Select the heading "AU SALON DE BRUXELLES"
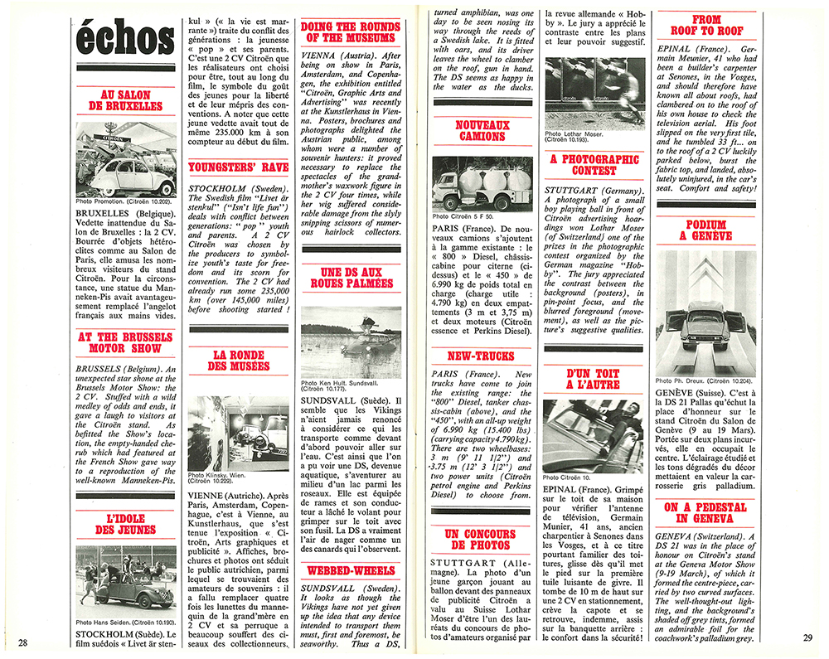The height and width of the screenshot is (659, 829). tap(125, 99)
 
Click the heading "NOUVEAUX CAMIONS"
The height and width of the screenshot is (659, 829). tap(481, 133)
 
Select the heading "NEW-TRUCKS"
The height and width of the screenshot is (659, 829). tap(482, 356)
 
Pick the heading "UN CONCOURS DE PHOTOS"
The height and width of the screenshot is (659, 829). tap(482, 540)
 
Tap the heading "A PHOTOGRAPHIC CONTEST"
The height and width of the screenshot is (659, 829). tap(594, 164)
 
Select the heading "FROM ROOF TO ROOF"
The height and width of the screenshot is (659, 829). tap(706, 25)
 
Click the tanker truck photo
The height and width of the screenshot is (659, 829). tap(482, 182)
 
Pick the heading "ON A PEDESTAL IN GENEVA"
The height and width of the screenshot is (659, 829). tap(706, 512)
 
